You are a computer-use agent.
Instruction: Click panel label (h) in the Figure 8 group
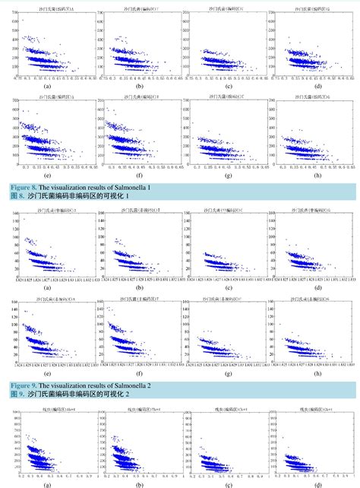click(x=317, y=179)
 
